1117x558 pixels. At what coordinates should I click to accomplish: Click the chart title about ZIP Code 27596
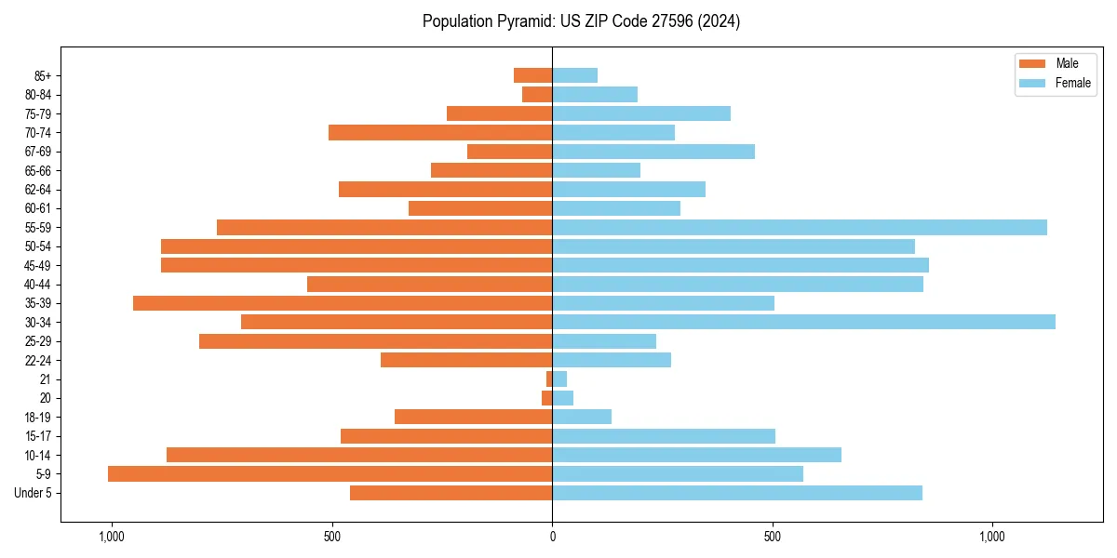pyautogui.click(x=581, y=21)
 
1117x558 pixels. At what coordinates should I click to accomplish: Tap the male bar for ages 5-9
pyautogui.click(x=330, y=474)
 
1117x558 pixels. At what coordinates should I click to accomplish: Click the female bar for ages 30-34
pyautogui.click(x=803, y=322)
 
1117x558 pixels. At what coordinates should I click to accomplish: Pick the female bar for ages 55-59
pyautogui.click(x=800, y=227)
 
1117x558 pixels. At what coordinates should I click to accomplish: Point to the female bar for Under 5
pyautogui.click(x=737, y=493)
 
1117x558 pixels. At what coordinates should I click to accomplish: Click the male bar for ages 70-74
pyautogui.click(x=440, y=132)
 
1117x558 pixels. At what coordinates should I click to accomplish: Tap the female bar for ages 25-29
pyautogui.click(x=604, y=341)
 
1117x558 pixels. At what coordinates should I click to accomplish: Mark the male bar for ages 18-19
pyautogui.click(x=473, y=417)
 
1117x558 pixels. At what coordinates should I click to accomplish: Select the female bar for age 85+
pyautogui.click(x=574, y=75)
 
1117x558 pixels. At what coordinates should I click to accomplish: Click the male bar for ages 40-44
pyautogui.click(x=429, y=284)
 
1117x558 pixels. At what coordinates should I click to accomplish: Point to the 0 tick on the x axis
pyautogui.click(x=552, y=537)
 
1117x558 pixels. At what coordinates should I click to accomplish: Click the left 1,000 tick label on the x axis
pyautogui.click(x=111, y=537)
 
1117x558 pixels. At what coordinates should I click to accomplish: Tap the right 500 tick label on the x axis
pyautogui.click(x=772, y=537)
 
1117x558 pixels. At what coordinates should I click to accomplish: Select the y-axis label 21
pyautogui.click(x=45, y=379)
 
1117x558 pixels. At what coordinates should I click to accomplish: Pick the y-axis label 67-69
pyautogui.click(x=37, y=152)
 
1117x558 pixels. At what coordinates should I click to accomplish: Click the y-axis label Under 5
pyautogui.click(x=33, y=493)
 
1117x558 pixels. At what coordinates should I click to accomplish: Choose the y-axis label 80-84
pyautogui.click(x=37, y=95)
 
